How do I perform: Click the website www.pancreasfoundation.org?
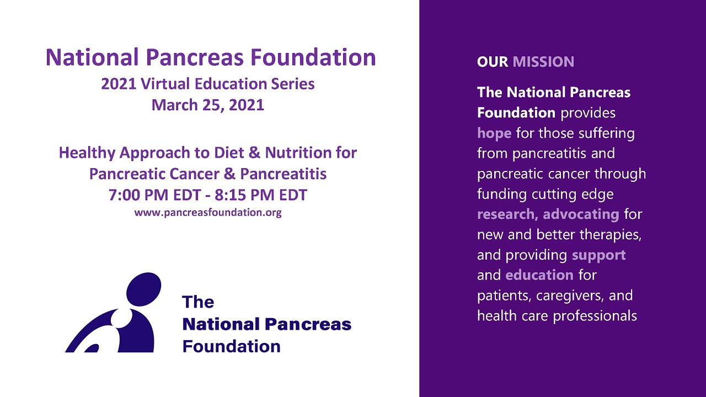click(x=208, y=212)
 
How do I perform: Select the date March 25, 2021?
click(x=208, y=104)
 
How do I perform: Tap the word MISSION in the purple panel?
click(x=543, y=62)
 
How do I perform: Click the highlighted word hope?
click(x=494, y=133)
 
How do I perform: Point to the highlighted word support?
click(x=598, y=255)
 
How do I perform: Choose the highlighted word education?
click(x=539, y=275)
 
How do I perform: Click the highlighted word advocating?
click(x=581, y=214)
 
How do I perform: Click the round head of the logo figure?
click(x=145, y=289)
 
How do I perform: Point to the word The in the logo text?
click(x=198, y=302)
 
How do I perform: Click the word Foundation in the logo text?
click(x=231, y=346)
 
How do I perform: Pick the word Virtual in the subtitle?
click(x=169, y=84)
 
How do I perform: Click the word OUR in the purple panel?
click(x=493, y=62)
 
